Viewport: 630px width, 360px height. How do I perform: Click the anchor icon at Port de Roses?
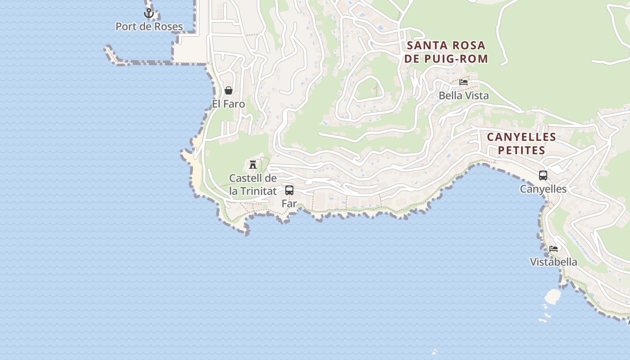(149, 13)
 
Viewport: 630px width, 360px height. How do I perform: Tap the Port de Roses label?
(149, 27)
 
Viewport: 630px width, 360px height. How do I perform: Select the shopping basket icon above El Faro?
(229, 90)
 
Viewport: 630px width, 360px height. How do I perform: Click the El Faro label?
(229, 104)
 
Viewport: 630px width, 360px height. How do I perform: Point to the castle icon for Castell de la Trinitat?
(253, 164)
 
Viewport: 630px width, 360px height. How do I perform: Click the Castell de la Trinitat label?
(253, 184)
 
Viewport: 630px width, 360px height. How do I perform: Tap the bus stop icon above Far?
(289, 190)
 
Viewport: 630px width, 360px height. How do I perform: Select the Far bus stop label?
(289, 204)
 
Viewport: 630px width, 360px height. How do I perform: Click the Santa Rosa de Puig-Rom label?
(446, 52)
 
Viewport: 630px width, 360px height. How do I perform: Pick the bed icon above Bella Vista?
(463, 82)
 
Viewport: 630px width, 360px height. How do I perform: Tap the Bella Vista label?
(463, 96)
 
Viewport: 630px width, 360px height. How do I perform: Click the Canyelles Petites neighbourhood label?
(522, 144)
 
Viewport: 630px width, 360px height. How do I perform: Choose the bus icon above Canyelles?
(543, 175)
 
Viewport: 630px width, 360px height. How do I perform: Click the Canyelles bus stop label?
(543, 189)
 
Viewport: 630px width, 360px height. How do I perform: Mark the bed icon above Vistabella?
(553, 248)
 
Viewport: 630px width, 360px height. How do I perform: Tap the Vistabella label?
(553, 262)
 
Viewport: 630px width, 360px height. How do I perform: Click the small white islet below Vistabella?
(553, 296)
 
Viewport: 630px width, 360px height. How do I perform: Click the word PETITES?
(522, 150)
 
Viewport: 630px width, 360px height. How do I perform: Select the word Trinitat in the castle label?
(258, 191)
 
